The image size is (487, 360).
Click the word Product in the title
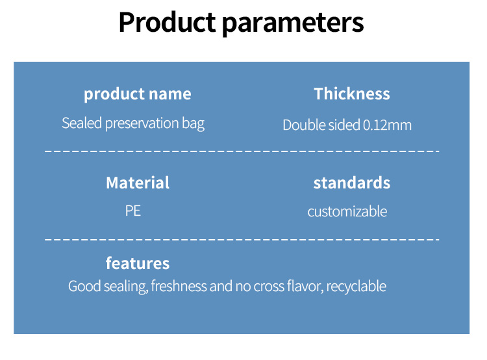click(167, 22)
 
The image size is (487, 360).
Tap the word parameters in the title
click(293, 24)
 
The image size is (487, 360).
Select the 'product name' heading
click(138, 94)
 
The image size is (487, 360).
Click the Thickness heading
click(352, 94)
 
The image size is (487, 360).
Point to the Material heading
click(138, 183)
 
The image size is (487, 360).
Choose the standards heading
click(352, 183)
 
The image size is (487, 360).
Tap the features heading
click(138, 263)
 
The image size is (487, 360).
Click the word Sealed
click(82, 123)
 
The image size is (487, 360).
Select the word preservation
click(142, 124)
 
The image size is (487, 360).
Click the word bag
click(194, 124)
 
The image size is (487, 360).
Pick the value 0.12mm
click(387, 125)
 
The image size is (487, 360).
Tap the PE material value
click(133, 211)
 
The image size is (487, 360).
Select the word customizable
click(347, 211)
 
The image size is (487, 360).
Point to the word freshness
click(179, 286)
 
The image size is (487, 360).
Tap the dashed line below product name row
click(242, 151)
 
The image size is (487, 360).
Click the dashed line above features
click(242, 240)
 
